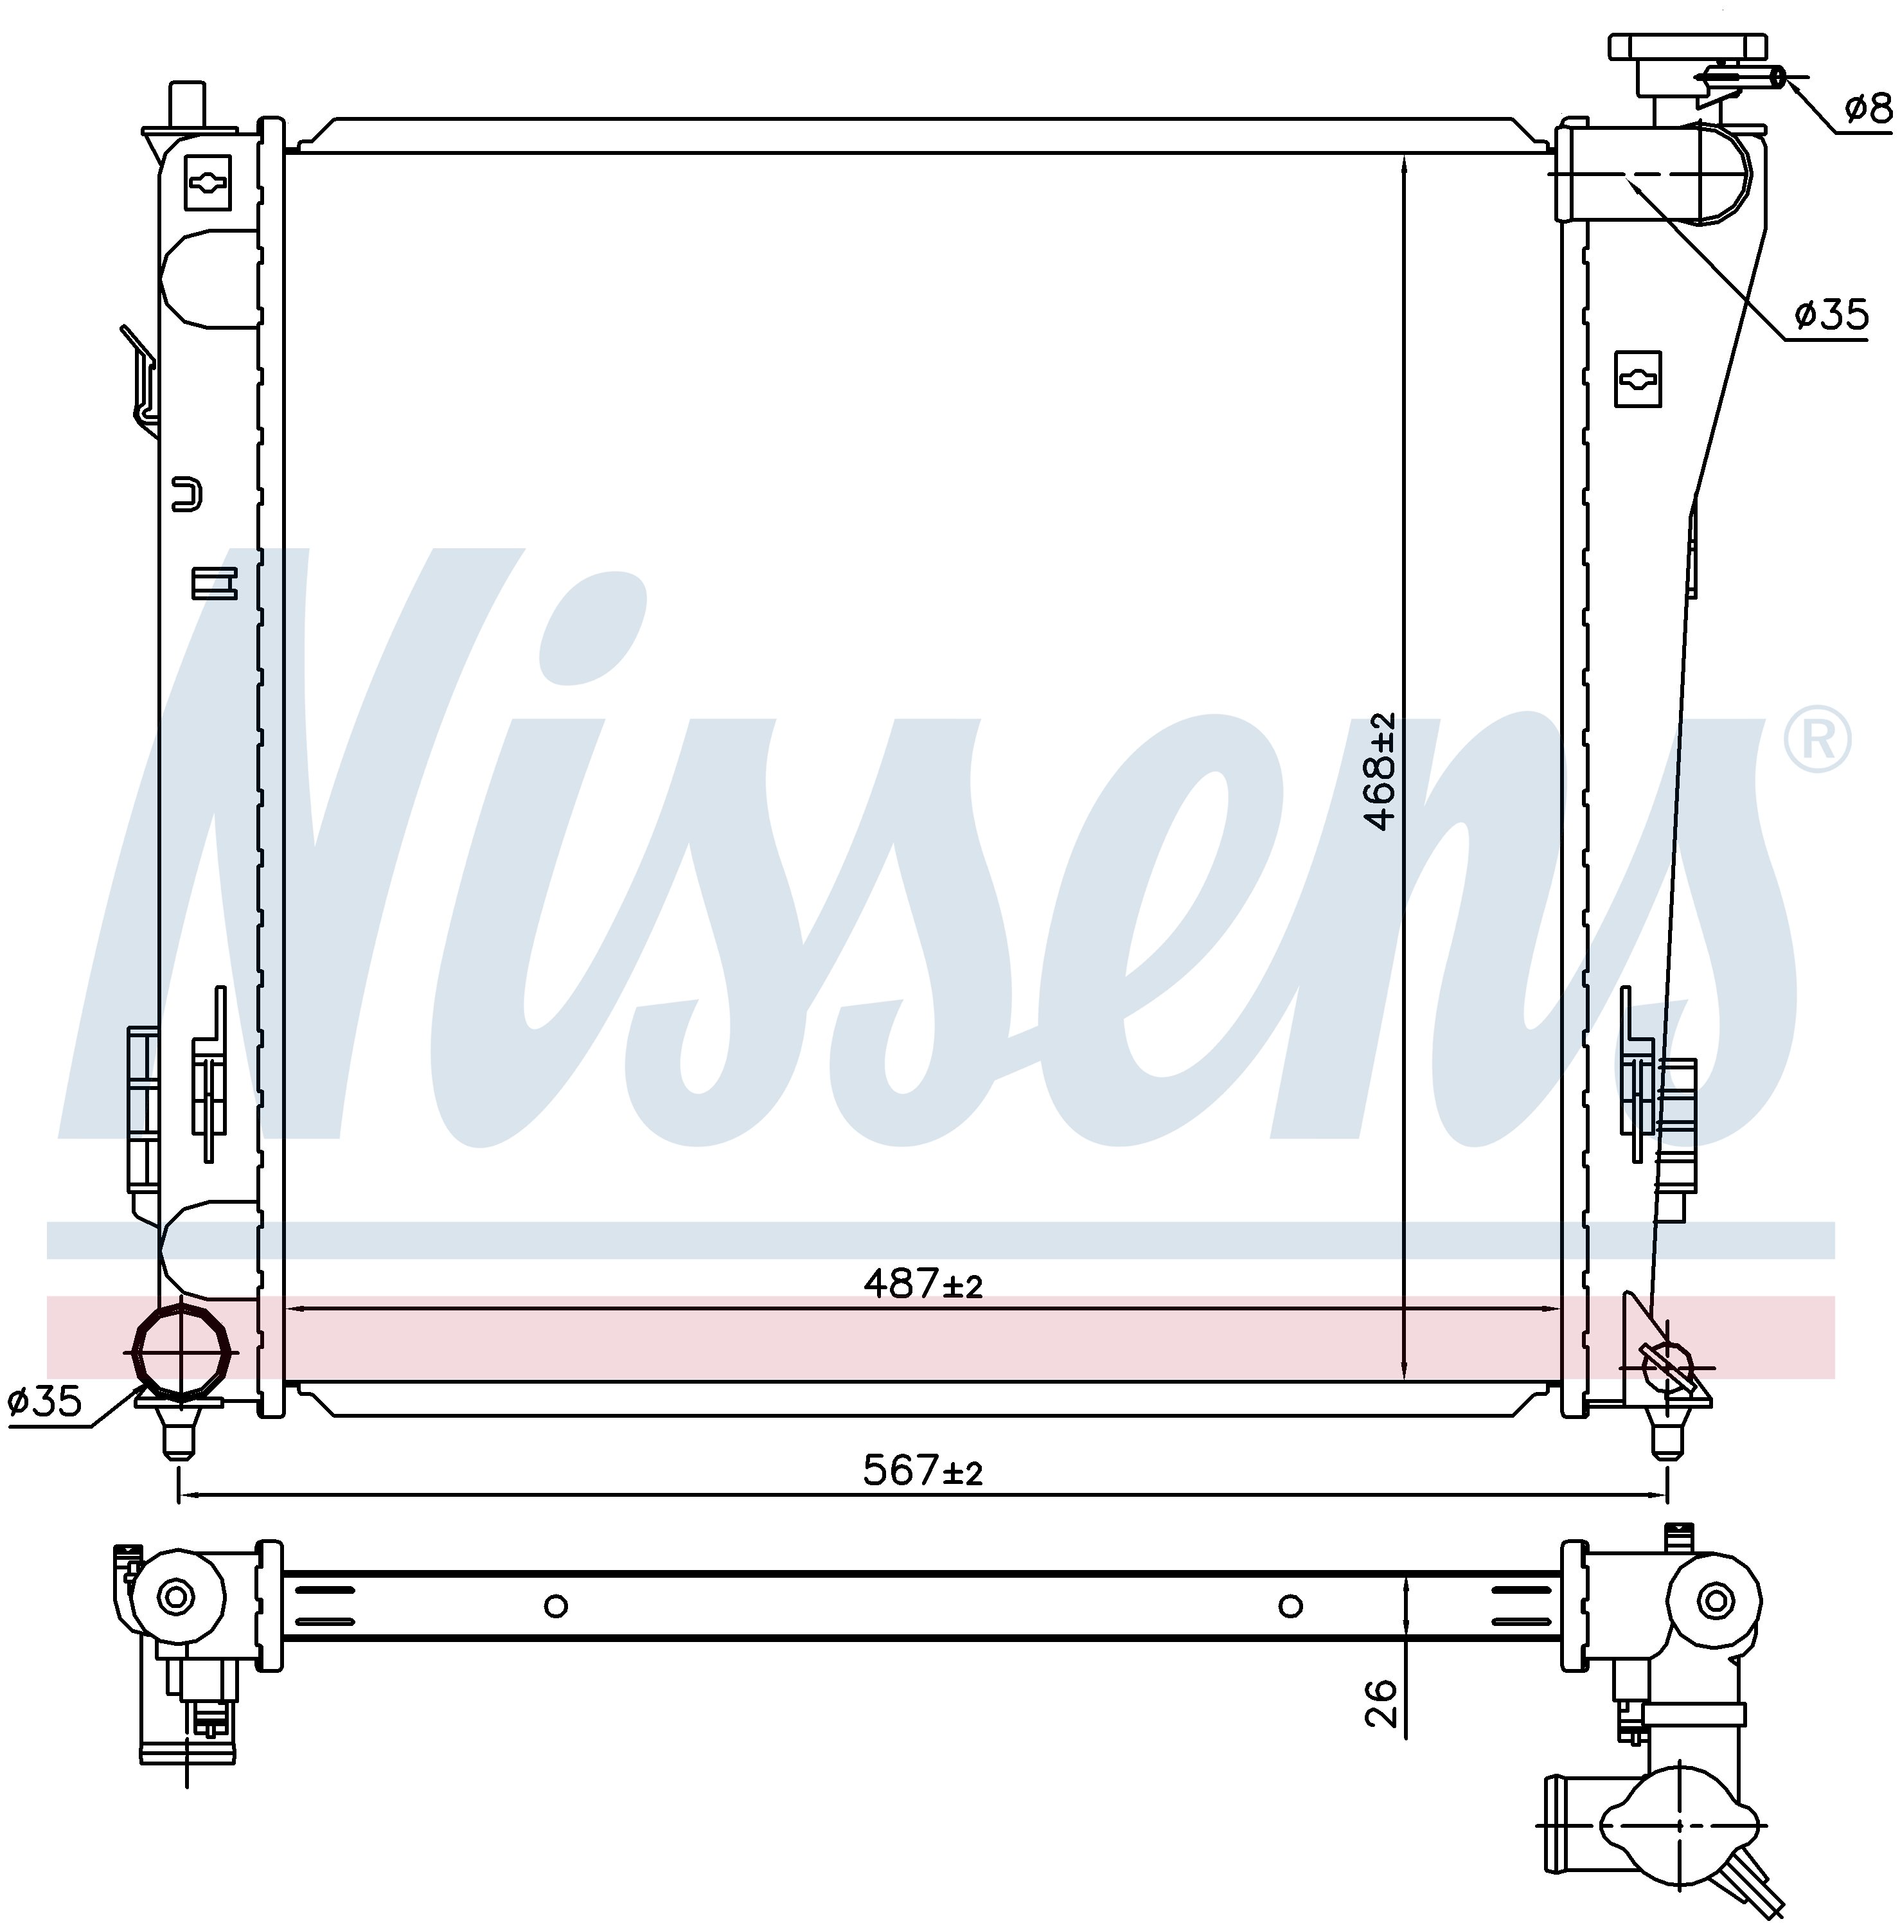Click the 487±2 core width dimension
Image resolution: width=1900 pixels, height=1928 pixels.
(923, 1283)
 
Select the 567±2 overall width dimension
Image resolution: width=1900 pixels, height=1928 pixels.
(923, 1470)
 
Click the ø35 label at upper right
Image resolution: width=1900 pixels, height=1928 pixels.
(1831, 316)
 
